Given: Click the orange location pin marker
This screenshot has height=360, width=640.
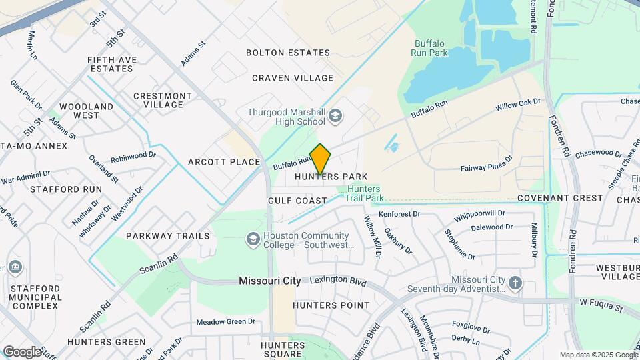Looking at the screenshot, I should pyautogui.click(x=320, y=159).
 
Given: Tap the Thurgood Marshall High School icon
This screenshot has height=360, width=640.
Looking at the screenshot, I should pyautogui.click(x=335, y=117).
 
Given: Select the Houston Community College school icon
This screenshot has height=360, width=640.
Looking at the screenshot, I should pyautogui.click(x=253, y=239).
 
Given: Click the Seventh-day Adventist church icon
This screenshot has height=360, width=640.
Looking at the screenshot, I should pyautogui.click(x=515, y=283).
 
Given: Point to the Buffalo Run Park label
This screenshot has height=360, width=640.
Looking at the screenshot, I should pyautogui.click(x=431, y=48).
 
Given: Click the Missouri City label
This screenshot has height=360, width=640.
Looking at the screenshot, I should pyautogui.click(x=270, y=281).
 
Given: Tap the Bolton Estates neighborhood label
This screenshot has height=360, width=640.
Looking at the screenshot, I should pyautogui.click(x=288, y=53).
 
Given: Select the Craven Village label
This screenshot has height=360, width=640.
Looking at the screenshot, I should pyautogui.click(x=293, y=78).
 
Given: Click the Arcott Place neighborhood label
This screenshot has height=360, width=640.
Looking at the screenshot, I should pyautogui.click(x=223, y=162).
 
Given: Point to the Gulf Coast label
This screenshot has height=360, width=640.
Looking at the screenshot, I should pyautogui.click(x=297, y=201).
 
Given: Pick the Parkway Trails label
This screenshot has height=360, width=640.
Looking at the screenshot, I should pyautogui.click(x=168, y=236).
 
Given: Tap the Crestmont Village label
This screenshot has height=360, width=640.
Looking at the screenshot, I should pyautogui.click(x=163, y=100).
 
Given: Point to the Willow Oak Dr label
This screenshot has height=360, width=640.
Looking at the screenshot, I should pyautogui.click(x=517, y=105).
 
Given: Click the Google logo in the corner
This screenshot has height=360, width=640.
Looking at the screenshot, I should pyautogui.click(x=22, y=351).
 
